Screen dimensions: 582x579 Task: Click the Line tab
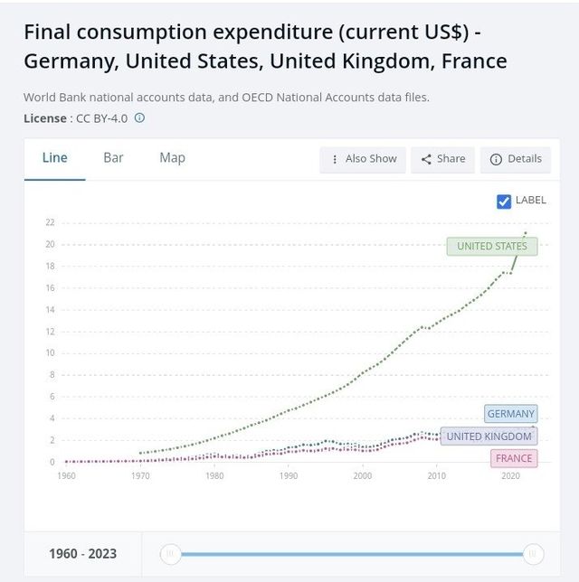pyautogui.click(x=55, y=158)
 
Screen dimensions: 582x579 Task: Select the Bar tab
pyautogui.click(x=113, y=158)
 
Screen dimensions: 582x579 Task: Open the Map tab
pyautogui.click(x=172, y=158)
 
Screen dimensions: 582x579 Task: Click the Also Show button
pyautogui.click(x=363, y=159)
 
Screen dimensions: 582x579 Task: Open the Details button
pyautogui.click(x=516, y=159)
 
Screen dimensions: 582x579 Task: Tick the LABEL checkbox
pyautogui.click(x=504, y=201)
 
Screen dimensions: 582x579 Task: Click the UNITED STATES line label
pyautogui.click(x=492, y=246)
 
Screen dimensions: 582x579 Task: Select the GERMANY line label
pyautogui.click(x=511, y=414)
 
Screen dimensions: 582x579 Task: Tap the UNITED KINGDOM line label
pyautogui.click(x=489, y=436)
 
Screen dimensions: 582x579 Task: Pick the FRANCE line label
pyautogui.click(x=514, y=458)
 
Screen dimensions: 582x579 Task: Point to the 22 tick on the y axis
pyautogui.click(x=51, y=222)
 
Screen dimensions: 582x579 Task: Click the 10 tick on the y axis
pyautogui.click(x=51, y=353)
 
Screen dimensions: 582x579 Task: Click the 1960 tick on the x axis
pyautogui.click(x=67, y=475)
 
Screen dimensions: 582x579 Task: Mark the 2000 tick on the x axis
pyautogui.click(x=362, y=475)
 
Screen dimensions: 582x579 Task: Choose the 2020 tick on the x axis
pyautogui.click(x=510, y=475)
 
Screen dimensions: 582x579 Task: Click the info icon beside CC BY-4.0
pyautogui.click(x=139, y=118)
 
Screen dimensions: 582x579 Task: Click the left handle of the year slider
pyautogui.click(x=169, y=553)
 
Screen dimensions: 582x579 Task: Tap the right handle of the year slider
pyautogui.click(x=534, y=553)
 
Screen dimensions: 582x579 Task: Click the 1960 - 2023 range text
pyautogui.click(x=82, y=553)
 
